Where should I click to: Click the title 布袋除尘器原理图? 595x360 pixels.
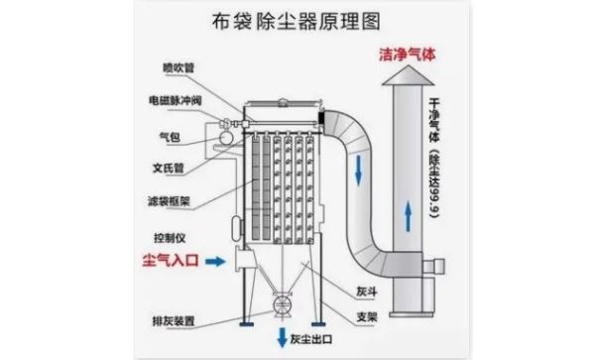(x=296, y=21)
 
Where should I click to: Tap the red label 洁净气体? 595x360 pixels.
(x=408, y=55)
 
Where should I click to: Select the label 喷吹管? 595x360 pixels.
(x=178, y=67)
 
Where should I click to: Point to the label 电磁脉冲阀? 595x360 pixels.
(x=175, y=100)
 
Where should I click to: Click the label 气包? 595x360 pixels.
(x=170, y=137)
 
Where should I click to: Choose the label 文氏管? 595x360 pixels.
(x=169, y=168)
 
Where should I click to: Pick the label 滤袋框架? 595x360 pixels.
(x=169, y=200)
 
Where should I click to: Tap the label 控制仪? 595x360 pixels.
(x=170, y=238)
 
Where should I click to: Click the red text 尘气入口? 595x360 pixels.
(x=171, y=260)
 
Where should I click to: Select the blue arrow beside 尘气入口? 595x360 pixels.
(x=215, y=261)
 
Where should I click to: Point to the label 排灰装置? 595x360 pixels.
(x=174, y=321)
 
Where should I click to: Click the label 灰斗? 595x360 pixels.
(x=367, y=292)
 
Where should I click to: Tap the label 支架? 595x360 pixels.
(x=367, y=316)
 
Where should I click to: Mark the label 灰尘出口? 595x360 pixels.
(x=311, y=339)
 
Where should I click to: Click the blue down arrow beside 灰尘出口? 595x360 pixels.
(x=282, y=337)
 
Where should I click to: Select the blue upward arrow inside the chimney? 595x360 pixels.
(x=408, y=216)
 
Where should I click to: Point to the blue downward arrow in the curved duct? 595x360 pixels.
(x=358, y=171)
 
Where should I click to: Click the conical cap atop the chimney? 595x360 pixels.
(x=408, y=75)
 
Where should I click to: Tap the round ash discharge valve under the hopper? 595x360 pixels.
(x=283, y=304)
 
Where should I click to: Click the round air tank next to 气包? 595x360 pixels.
(x=225, y=137)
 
